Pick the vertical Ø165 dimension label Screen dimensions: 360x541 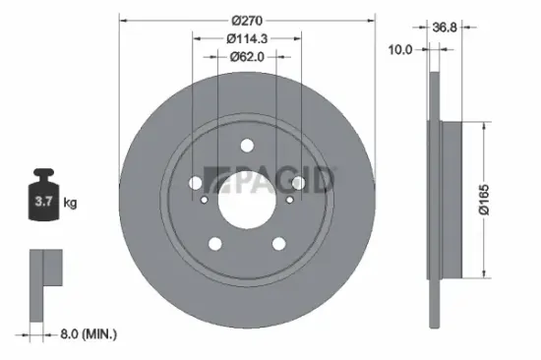click(x=499, y=202)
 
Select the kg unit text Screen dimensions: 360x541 click(x=71, y=204)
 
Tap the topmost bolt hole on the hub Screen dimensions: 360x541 click(x=246, y=147)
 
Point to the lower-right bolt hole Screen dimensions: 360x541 click(x=278, y=244)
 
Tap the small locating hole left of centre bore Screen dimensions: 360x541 click(x=205, y=202)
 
